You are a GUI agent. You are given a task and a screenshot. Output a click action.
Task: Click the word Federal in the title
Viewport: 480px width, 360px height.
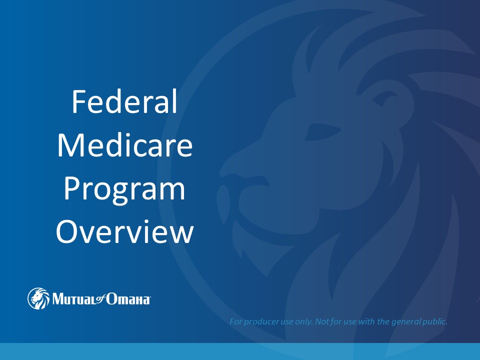124,101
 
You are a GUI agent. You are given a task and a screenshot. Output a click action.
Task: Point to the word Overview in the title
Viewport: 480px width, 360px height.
124,231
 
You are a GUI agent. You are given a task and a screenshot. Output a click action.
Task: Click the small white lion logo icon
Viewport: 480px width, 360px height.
38,298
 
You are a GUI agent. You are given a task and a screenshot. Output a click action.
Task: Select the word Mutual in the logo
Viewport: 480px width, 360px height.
74,299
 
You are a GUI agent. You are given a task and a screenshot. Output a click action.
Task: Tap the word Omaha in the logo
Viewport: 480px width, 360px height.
128,299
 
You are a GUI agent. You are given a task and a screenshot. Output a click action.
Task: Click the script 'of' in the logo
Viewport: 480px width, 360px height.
100,298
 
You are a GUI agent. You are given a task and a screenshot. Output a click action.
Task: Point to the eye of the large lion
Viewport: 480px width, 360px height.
322,132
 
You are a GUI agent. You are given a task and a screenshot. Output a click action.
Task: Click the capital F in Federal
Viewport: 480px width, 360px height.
78,101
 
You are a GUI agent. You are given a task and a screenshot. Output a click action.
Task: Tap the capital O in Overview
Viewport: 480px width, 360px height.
66,231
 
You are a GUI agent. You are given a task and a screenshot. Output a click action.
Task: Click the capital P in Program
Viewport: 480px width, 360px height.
71,188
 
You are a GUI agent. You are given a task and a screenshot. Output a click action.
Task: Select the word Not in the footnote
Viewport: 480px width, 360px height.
321,321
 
